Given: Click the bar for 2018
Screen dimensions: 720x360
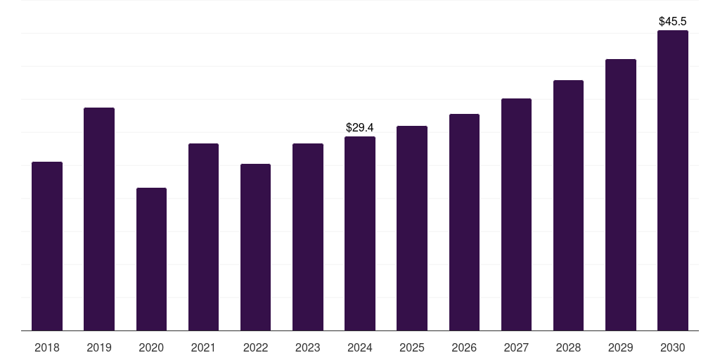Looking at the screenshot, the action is [x=47, y=246].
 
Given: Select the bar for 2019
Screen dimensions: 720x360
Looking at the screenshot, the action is [x=99, y=219].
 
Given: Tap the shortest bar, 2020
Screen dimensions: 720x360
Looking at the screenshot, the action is [x=152, y=259].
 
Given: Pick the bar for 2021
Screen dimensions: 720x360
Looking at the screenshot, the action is [x=203, y=237].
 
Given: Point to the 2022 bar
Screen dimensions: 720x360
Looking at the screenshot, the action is [x=255, y=247].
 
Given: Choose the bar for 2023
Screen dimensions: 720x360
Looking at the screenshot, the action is [x=308, y=237].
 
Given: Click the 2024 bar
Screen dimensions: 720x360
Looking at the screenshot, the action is [x=360, y=233].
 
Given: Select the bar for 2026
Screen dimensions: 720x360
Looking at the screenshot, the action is [x=464, y=222].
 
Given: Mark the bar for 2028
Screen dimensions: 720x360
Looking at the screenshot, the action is [x=568, y=205].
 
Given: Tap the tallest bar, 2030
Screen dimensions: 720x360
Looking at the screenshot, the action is [x=673, y=181].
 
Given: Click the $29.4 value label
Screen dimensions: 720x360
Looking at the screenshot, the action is [x=360, y=127].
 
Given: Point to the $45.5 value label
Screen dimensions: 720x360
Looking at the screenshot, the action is [x=673, y=21].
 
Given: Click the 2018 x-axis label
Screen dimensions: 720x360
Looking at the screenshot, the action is [x=47, y=347].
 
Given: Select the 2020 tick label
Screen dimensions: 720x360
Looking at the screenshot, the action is [x=152, y=347].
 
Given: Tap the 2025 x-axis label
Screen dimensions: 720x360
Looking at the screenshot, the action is [x=412, y=347].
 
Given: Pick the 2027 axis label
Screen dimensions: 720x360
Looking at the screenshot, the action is [x=516, y=347].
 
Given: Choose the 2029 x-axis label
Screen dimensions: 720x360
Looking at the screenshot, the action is [x=620, y=347].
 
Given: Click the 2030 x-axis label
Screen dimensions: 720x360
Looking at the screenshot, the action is [x=673, y=347].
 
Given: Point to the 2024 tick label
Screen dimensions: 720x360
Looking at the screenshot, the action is [x=360, y=347].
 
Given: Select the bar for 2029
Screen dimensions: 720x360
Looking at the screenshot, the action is [x=621, y=195].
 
